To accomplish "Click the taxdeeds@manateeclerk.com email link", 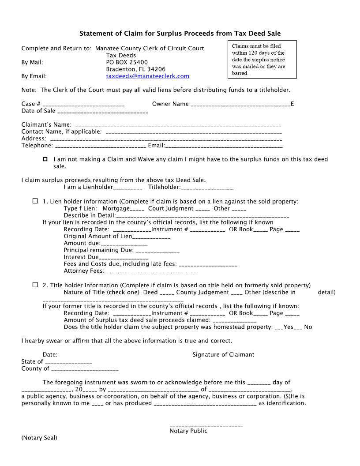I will (x=147, y=76).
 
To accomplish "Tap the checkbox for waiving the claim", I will (x=45, y=159).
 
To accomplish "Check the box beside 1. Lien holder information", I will (x=35, y=201).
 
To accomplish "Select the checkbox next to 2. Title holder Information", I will (x=35, y=285).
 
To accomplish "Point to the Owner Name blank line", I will (x=240, y=105).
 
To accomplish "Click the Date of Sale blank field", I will (x=102, y=111).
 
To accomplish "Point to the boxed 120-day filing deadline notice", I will (x=262, y=60).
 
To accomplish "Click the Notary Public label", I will (x=188, y=431).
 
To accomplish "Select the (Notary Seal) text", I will (x=39, y=438).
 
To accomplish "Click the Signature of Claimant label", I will (x=223, y=354).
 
